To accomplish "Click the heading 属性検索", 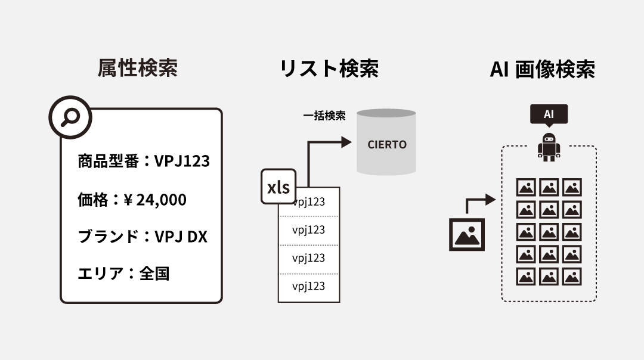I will pyautogui.click(x=137, y=69).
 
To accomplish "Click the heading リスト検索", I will pyautogui.click(x=329, y=69).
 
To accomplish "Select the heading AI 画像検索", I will pyautogui.click(x=542, y=69).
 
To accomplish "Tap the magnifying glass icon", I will pyautogui.click(x=70, y=117).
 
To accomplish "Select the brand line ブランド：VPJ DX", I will pyautogui.click(x=143, y=237).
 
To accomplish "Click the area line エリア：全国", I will pyautogui.click(x=123, y=274).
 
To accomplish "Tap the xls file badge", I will pyautogui.click(x=278, y=187).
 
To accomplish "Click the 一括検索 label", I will pyautogui.click(x=324, y=116).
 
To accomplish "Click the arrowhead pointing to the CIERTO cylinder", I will pyautogui.click(x=345, y=142).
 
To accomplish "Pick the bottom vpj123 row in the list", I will pyautogui.click(x=309, y=287).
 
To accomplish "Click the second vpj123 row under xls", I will pyautogui.click(x=309, y=230).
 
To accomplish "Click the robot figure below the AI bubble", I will pyautogui.click(x=549, y=147).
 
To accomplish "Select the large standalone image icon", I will pyautogui.click(x=467, y=235).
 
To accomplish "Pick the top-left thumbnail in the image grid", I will pyautogui.click(x=526, y=187).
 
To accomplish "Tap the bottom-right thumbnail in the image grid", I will pyautogui.click(x=572, y=277).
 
